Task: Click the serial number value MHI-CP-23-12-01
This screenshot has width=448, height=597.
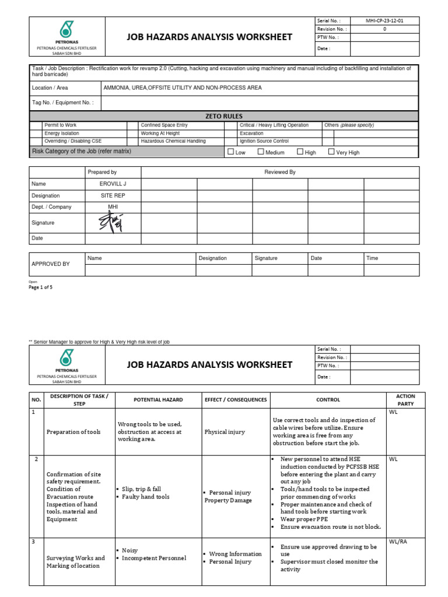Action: coord(384,20)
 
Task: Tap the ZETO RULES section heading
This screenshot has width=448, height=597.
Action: coord(224,116)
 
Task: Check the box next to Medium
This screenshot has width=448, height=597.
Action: coord(261,152)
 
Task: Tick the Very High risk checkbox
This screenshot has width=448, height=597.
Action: coord(331,152)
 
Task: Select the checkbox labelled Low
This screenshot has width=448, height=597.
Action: coord(230,152)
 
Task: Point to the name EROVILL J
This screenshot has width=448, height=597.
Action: coord(113,184)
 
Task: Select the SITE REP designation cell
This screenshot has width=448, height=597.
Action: coord(113,196)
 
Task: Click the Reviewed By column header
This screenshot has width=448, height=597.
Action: coord(280,172)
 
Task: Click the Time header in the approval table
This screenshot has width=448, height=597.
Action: coord(372,258)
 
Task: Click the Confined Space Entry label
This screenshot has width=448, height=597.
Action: coord(164,125)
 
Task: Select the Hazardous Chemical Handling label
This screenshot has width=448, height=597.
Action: coord(173,141)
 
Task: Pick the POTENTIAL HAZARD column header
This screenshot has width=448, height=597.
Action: coord(158,400)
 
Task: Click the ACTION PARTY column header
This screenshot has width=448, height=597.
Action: coord(405,400)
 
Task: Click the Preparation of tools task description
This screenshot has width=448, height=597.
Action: coord(73,432)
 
